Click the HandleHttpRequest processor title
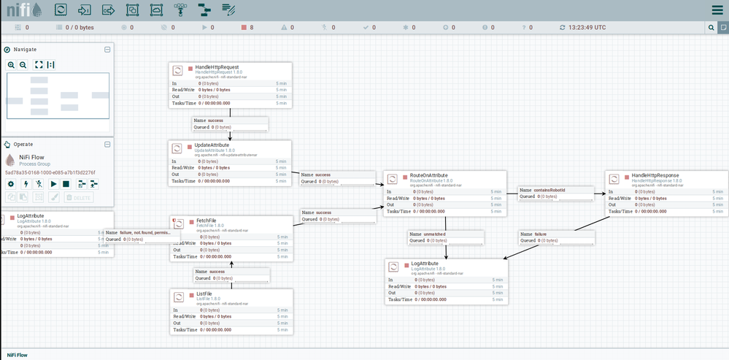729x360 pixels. pyautogui.click(x=218, y=67)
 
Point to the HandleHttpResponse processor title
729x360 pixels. pyautogui.click(x=655, y=176)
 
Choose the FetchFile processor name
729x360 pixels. pyautogui.click(x=206, y=221)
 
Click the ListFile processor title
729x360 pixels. pyautogui.click(x=204, y=293)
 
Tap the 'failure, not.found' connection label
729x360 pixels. pyautogui.click(x=139, y=232)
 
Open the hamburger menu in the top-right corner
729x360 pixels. pyautogui.click(x=717, y=10)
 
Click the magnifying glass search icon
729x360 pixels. pyautogui.click(x=711, y=28)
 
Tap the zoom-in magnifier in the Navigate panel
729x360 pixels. pyautogui.click(x=12, y=65)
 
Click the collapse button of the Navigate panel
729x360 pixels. pyautogui.click(x=107, y=50)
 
